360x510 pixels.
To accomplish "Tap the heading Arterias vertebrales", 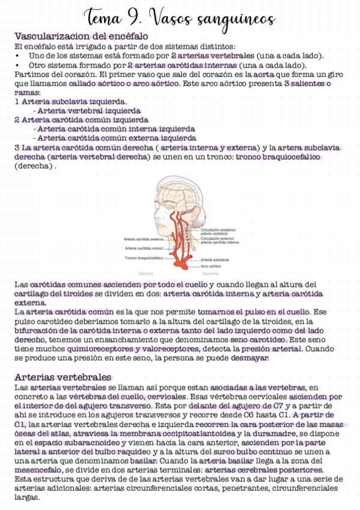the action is [x=62, y=378].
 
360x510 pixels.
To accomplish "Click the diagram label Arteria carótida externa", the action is [x=144, y=239].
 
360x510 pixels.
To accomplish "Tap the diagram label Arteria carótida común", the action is [x=144, y=248].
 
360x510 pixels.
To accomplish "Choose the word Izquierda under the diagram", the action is [x=211, y=272].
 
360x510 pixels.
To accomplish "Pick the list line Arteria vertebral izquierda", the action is [x=89, y=111].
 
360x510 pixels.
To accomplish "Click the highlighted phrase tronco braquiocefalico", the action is [x=278, y=157].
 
